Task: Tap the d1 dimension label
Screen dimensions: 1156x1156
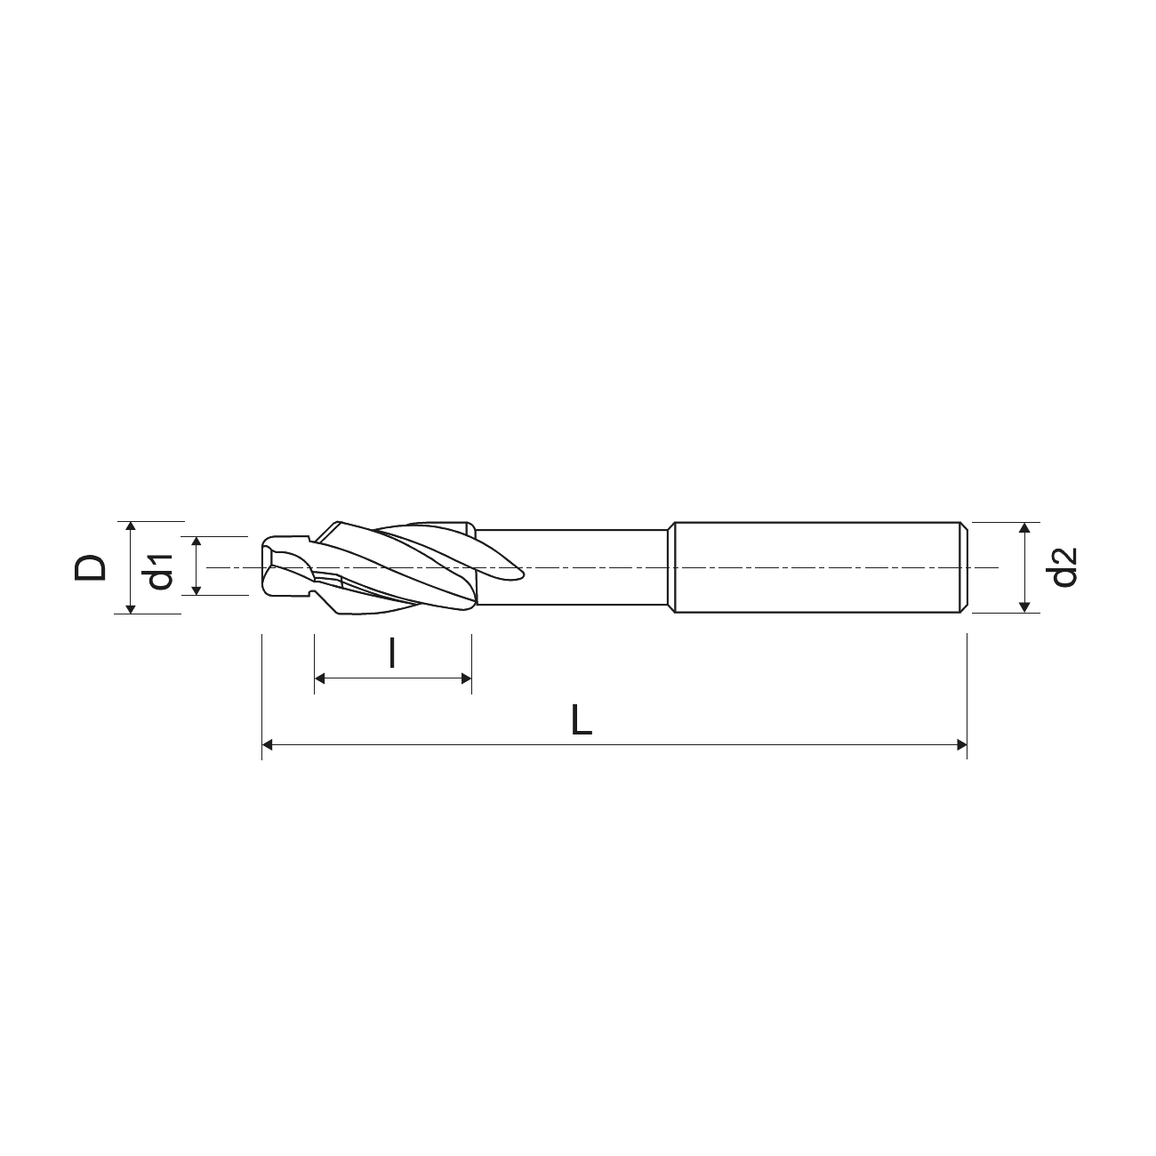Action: point(159,572)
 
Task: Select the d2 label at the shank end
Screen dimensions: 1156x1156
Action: point(1064,567)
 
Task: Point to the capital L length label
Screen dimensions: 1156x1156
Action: point(582,720)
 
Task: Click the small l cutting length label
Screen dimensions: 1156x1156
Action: point(392,654)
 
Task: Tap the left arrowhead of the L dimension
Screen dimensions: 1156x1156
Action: point(268,745)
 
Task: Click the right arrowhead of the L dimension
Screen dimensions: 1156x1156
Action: point(961,745)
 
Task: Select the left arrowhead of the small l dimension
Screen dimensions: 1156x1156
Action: point(320,678)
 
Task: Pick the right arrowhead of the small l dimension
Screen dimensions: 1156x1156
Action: point(466,678)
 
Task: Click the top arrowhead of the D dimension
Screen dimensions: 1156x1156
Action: point(130,527)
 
